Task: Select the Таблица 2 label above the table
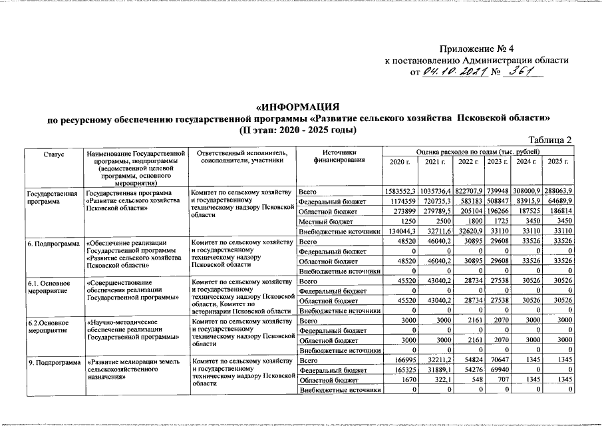[550, 140]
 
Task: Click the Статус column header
[54, 154]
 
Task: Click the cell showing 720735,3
[436, 202]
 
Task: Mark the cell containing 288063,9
[559, 192]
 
